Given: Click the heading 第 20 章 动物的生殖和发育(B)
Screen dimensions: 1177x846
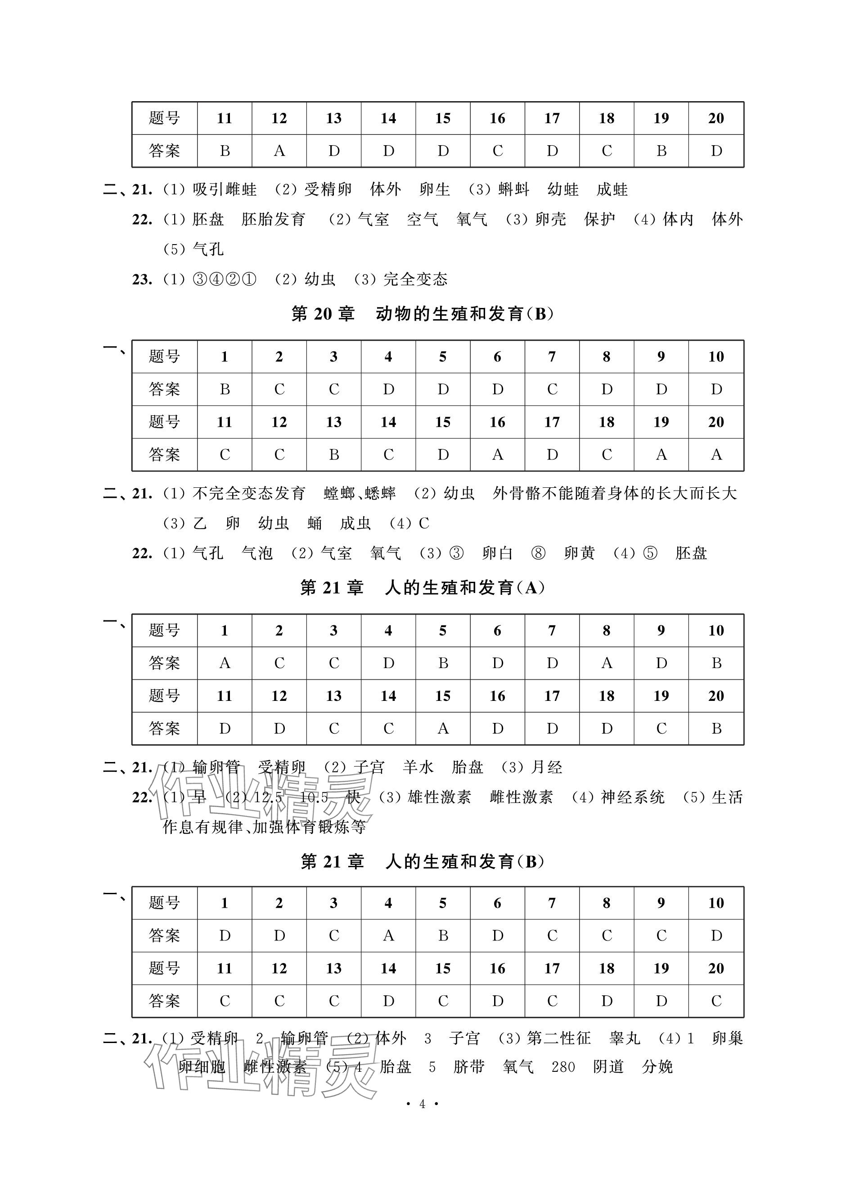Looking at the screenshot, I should (x=422, y=314).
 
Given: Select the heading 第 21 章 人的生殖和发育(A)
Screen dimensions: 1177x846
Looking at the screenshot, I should (x=422, y=588).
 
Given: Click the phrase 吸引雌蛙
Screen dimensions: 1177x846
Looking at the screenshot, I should (x=225, y=189).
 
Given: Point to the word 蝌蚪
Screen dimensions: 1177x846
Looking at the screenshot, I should (x=513, y=189).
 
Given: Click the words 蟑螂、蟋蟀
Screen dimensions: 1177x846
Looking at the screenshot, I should (x=360, y=493).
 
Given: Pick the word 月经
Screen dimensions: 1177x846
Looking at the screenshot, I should (x=546, y=767).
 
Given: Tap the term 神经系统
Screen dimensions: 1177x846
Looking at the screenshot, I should (x=633, y=797).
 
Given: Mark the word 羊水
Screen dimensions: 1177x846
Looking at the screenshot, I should (x=418, y=767).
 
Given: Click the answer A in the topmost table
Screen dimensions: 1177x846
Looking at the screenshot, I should (x=279, y=151).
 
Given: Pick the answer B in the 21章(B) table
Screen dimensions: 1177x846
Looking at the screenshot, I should (x=442, y=936).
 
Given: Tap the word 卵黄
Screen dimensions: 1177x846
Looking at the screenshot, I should (x=579, y=553).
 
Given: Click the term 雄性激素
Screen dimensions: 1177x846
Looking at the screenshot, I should (x=439, y=797).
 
